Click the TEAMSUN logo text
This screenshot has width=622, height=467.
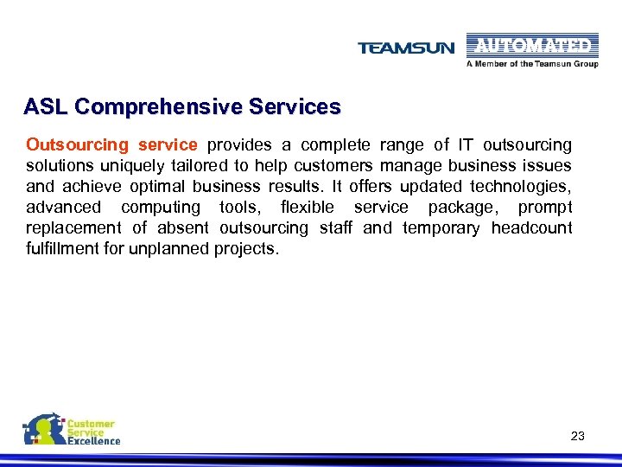405,48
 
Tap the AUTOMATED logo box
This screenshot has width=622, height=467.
531,46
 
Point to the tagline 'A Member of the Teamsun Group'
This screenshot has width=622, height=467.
532,64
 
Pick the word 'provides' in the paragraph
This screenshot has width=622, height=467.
236,144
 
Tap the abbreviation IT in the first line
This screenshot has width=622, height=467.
466,144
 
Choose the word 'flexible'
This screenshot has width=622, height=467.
307,207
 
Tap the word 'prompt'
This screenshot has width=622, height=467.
545,207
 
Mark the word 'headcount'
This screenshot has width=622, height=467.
531,227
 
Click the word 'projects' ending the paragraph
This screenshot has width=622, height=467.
250,249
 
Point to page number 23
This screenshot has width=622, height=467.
578,436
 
